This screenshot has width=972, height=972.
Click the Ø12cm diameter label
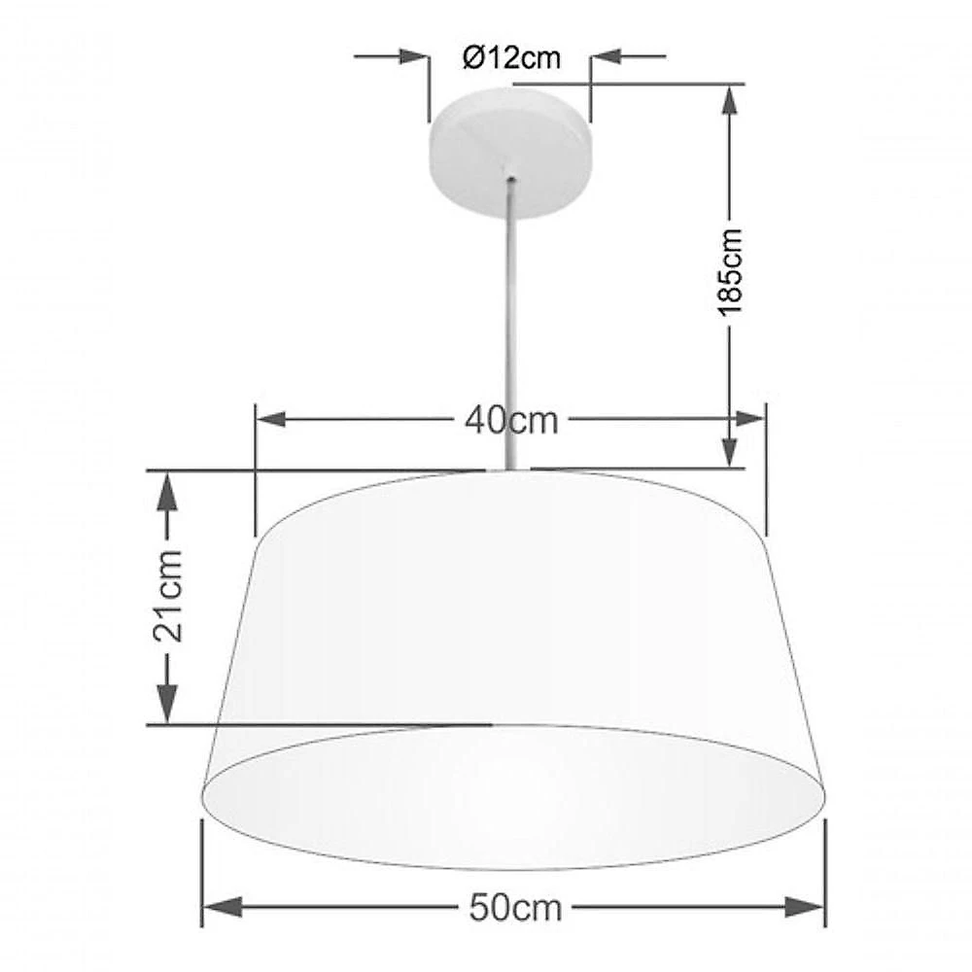point(511,58)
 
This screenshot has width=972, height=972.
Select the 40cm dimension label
point(511,421)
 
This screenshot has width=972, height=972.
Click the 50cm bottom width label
point(515,908)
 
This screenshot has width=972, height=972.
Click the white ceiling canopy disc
point(510,153)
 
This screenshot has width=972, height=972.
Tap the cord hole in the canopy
point(511,181)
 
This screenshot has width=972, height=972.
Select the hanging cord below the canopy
point(512,326)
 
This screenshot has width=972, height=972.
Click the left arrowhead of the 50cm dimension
point(223,908)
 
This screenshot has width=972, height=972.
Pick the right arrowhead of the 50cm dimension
point(805,908)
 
